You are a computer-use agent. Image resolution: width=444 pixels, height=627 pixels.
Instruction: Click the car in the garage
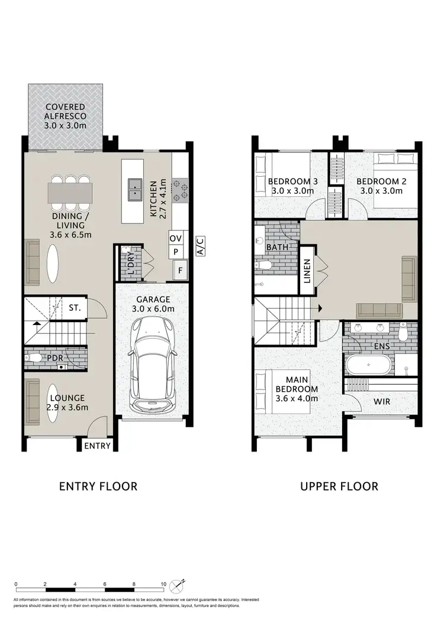pyautogui.click(x=152, y=365)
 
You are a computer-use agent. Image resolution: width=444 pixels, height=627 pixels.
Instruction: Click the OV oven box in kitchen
pyautogui.click(x=175, y=238)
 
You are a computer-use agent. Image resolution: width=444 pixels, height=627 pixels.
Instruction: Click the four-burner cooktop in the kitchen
pyautogui.click(x=179, y=188)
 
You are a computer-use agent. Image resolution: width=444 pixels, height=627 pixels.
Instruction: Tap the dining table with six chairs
pyautogui.click(x=70, y=191)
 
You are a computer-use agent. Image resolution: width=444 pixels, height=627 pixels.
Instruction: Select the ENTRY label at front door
pyautogui.click(x=97, y=446)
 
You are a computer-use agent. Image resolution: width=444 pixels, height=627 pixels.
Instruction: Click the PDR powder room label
pyautogui.click(x=56, y=358)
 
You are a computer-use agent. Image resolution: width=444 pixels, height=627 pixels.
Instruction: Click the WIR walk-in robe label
pyautogui.click(x=381, y=401)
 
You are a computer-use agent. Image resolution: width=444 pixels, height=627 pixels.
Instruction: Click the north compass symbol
pyautogui.click(x=178, y=586)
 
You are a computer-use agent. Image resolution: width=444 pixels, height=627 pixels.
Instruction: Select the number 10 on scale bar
pyautogui.click(x=163, y=584)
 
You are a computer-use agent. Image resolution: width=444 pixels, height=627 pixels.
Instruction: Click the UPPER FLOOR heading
pyautogui.click(x=339, y=486)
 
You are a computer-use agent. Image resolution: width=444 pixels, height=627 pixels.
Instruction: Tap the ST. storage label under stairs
pyautogui.click(x=75, y=308)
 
